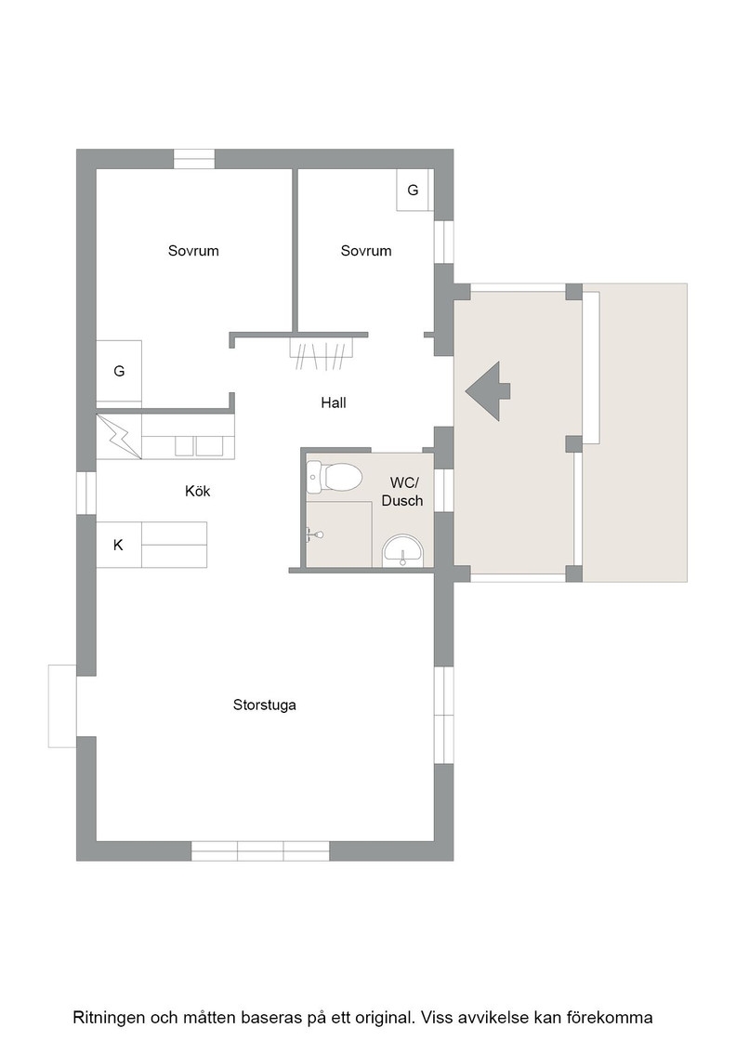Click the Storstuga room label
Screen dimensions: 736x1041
(x=264, y=705)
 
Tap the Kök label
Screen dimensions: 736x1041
(x=198, y=492)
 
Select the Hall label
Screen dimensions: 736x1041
(x=334, y=402)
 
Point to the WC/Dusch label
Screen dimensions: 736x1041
(x=402, y=492)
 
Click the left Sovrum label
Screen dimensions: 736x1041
(x=193, y=251)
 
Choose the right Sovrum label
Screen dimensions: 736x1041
(x=366, y=251)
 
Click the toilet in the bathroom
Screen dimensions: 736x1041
(x=335, y=477)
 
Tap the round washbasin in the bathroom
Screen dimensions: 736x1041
(x=402, y=550)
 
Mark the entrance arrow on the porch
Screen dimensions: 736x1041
(x=488, y=391)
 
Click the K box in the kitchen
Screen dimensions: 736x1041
(x=119, y=545)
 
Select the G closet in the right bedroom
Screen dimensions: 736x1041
(x=413, y=191)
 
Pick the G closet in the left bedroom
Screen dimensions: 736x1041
(x=120, y=371)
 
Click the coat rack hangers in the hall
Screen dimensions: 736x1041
(x=322, y=353)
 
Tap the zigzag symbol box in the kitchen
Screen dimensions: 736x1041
(x=120, y=436)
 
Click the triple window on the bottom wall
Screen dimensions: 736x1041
(x=261, y=851)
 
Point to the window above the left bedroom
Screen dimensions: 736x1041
(x=194, y=159)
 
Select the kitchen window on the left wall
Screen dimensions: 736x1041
(x=86, y=493)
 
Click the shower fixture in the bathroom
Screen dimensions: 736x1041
(x=315, y=534)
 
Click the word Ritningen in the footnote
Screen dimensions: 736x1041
(x=110, y=1017)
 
